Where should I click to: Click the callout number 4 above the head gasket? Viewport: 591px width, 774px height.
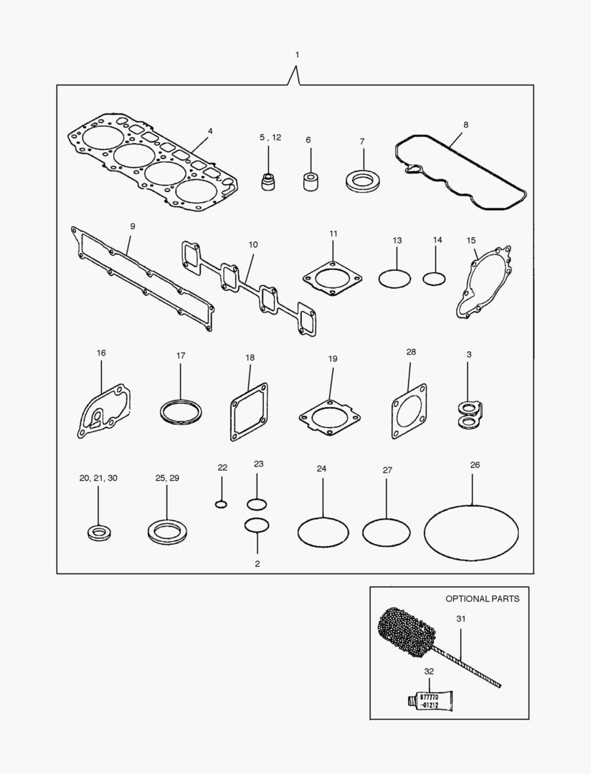(x=210, y=131)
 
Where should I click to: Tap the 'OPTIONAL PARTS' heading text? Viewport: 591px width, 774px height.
(x=482, y=598)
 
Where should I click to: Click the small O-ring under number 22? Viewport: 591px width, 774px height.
(x=221, y=504)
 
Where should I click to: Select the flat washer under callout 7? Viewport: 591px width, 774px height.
(x=362, y=180)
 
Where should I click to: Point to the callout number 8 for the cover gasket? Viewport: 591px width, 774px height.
(x=465, y=125)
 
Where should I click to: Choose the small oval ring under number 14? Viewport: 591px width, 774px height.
(x=434, y=277)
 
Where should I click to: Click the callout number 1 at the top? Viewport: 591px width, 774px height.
(x=297, y=55)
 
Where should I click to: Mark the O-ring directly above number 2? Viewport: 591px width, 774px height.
(x=257, y=525)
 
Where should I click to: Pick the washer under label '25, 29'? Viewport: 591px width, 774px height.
(x=166, y=532)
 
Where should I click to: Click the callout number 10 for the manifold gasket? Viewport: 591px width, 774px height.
(x=252, y=244)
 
